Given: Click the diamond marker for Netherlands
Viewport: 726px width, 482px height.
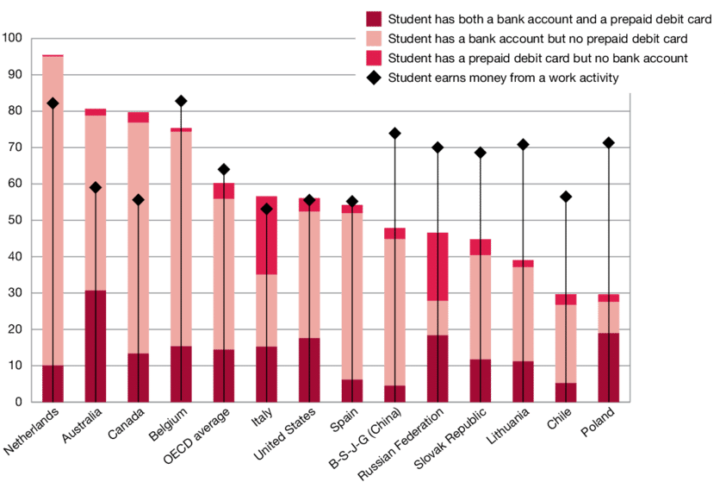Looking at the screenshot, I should [x=53, y=103].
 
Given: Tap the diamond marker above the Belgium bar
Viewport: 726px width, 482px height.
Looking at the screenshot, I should [x=181, y=102].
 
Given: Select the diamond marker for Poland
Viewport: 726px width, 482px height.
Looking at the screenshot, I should [x=608, y=142].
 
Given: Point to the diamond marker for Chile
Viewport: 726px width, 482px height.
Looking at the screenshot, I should [x=566, y=197].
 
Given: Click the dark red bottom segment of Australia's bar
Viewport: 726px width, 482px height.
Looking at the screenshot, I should [x=96, y=345].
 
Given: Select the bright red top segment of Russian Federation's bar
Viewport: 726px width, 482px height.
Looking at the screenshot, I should [x=437, y=266].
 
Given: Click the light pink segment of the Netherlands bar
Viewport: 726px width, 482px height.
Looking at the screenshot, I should [x=53, y=207].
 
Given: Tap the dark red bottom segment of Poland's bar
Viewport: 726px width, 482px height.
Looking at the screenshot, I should [x=608, y=366].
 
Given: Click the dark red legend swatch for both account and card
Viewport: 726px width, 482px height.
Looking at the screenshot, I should [x=373, y=19].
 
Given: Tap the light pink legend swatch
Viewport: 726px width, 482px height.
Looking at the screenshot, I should [x=373, y=39].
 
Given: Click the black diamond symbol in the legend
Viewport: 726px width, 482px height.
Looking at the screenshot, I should [x=373, y=78].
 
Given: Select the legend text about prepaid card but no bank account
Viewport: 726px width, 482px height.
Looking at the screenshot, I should [x=537, y=59].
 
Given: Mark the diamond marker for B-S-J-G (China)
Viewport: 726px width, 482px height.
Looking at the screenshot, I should [x=394, y=134].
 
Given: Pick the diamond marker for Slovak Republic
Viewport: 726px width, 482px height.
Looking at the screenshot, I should [x=481, y=153].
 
